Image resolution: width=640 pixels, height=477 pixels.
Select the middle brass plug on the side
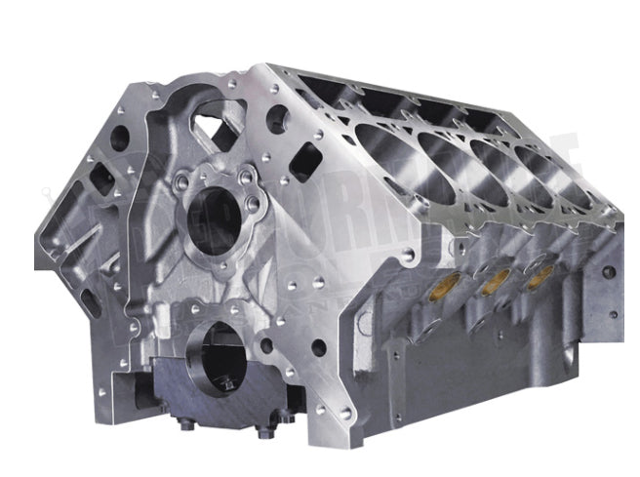pyautogui.click(x=496, y=282)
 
